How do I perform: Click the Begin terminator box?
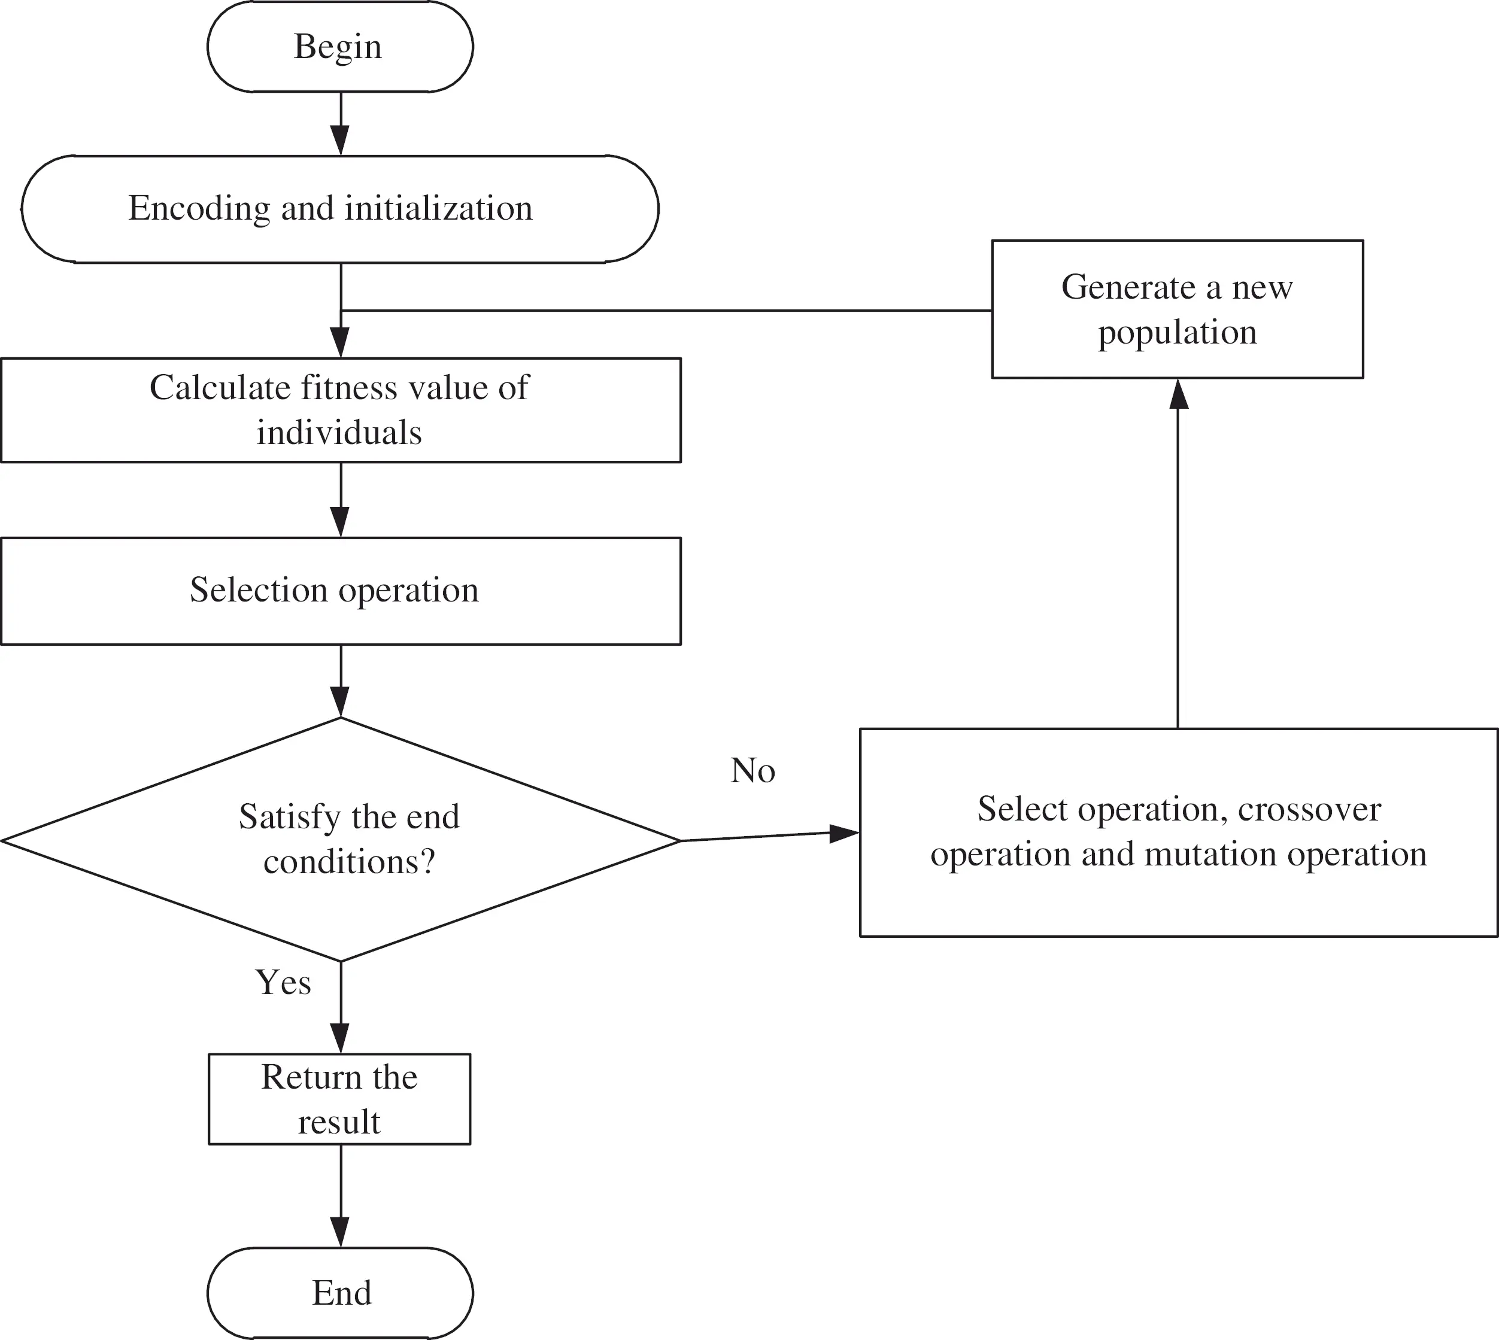coord(339,47)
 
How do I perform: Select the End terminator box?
coord(339,1293)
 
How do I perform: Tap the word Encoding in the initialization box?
coord(199,208)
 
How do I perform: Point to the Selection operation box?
coord(339,591)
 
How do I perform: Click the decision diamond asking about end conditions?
coord(339,839)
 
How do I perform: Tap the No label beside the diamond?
coord(752,771)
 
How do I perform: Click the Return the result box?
coord(339,1099)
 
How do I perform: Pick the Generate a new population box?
coord(1177,309)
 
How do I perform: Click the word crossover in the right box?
coord(1309,809)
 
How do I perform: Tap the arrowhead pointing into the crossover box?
coord(843,834)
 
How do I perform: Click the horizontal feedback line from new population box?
coord(663,311)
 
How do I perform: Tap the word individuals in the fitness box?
coord(339,433)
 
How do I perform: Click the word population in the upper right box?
coord(1177,333)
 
